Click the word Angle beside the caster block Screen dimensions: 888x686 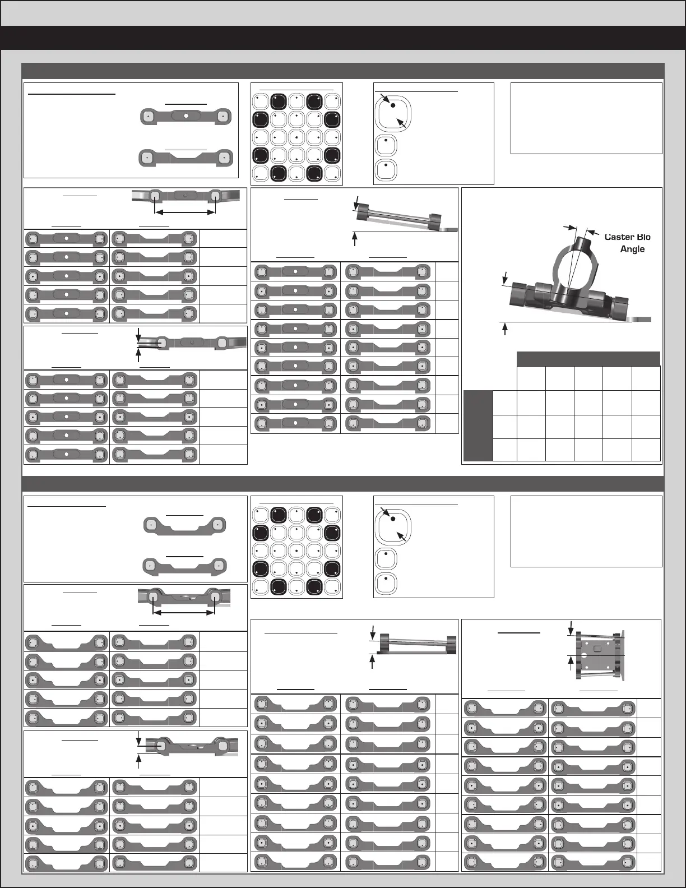click(x=632, y=249)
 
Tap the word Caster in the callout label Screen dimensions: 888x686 click(x=616, y=237)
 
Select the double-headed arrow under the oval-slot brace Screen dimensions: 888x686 click(x=185, y=212)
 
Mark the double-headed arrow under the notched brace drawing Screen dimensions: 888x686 click(x=185, y=612)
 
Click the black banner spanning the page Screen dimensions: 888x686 click(x=343, y=38)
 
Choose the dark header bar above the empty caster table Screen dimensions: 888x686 click(x=588, y=359)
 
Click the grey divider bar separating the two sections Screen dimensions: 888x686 click(x=343, y=483)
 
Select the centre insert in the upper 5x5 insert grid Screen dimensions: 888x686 click(x=297, y=137)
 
